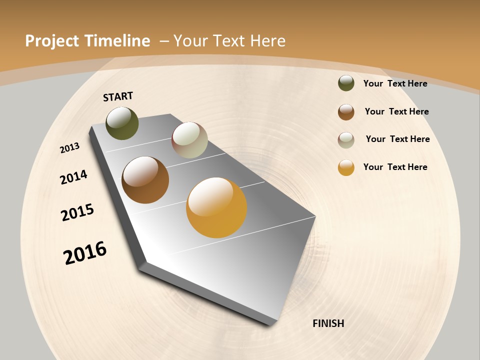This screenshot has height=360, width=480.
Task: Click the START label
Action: (118, 96)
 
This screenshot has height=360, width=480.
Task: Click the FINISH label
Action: (328, 323)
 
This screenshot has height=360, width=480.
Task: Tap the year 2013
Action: (69, 148)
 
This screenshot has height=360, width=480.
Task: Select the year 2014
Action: (73, 177)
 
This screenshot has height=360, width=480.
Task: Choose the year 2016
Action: (85, 253)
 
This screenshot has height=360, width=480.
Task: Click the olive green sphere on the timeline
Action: (122, 123)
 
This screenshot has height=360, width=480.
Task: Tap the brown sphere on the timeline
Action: (145, 180)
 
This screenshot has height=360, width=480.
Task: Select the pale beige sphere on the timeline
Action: (189, 140)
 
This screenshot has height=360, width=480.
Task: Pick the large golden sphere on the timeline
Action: (216, 207)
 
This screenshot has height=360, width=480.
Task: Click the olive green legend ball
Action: (346, 83)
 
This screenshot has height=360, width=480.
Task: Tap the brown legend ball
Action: (346, 112)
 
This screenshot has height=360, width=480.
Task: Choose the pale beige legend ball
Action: (346, 140)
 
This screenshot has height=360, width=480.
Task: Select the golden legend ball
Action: (346, 167)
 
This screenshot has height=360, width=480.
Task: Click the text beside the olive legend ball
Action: (395, 83)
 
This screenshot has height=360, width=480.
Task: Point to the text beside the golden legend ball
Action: (395, 167)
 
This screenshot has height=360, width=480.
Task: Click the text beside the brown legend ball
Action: (396, 111)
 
